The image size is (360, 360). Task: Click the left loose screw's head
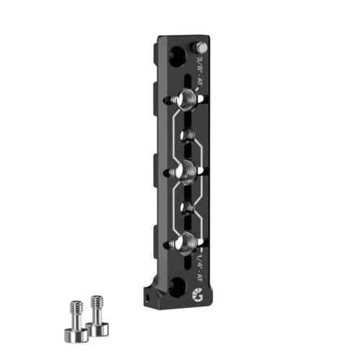(x=73, y=334)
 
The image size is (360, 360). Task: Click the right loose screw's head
(x=97, y=328)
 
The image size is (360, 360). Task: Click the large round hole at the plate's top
(x=176, y=58)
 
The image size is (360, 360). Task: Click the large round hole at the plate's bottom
(x=177, y=287)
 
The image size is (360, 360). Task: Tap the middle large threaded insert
(x=186, y=171)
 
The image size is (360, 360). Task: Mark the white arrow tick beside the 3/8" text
(x=198, y=91)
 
